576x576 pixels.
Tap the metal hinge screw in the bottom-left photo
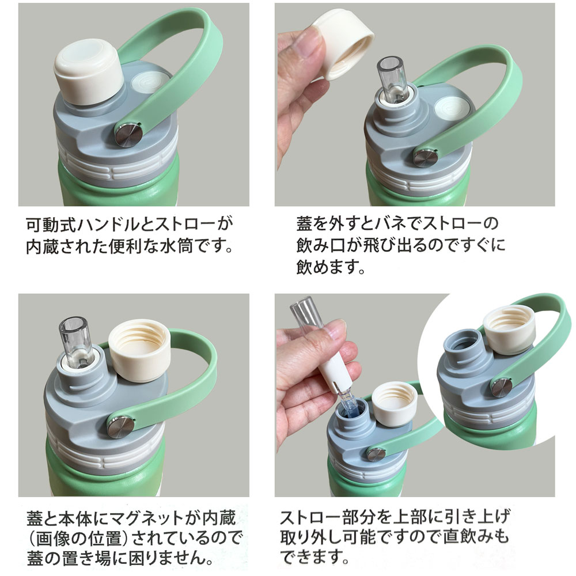[122, 427]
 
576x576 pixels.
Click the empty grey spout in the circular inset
[462, 346]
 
